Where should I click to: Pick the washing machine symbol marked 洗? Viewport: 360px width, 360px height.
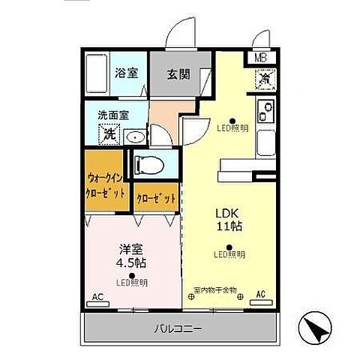point(109,134)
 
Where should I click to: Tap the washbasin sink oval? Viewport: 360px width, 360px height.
point(134,136)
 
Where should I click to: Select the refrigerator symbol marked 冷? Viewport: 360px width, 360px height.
point(265,77)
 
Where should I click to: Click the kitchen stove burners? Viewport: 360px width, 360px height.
point(265,112)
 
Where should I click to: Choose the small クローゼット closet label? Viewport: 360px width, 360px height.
point(157,198)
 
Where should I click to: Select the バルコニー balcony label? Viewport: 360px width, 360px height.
point(178,328)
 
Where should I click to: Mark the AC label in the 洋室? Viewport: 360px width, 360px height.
point(96,296)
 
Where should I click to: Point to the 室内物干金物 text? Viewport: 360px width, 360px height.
point(214,289)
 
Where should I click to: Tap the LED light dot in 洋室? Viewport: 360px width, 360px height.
point(132,274)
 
